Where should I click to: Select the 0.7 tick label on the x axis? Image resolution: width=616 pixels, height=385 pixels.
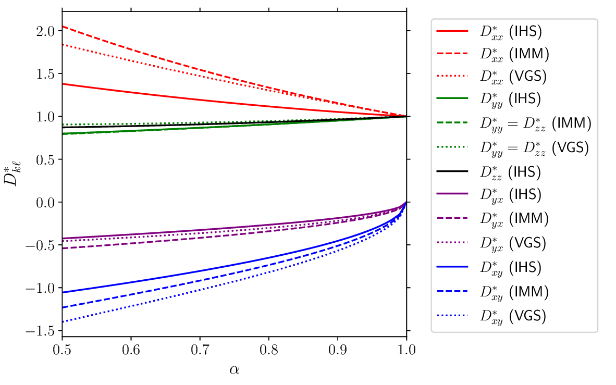[200, 350]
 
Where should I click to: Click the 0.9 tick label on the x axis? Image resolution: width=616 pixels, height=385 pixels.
[338, 350]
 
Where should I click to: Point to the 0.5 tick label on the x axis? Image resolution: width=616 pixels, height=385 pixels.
[62, 350]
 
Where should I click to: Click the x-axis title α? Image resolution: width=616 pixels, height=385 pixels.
[234, 370]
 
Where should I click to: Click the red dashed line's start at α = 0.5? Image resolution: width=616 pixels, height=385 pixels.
[63, 26]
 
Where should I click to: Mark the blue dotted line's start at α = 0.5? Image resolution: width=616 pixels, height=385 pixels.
[63, 322]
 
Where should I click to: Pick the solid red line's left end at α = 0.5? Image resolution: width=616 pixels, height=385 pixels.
[63, 84]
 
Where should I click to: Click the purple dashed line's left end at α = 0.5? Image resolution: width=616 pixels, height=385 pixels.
[63, 248]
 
